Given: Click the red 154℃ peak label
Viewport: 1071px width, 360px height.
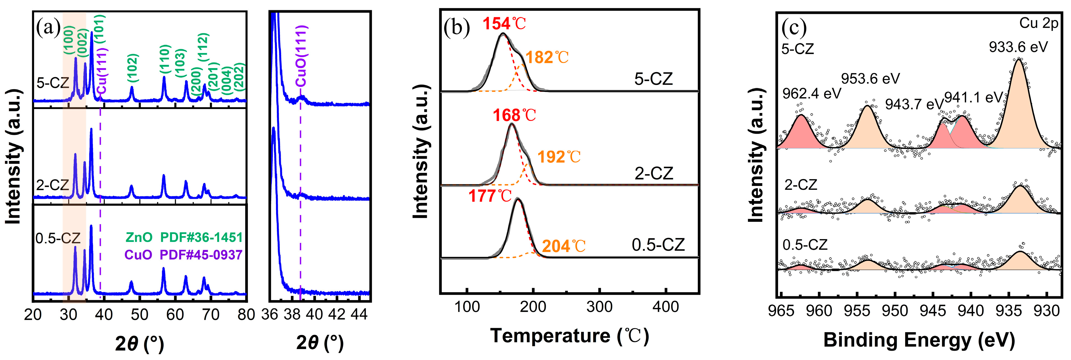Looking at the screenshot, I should point(504,24).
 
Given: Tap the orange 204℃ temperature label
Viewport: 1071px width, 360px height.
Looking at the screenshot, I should point(563,247).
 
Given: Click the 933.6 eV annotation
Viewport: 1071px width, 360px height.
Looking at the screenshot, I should point(1018,47).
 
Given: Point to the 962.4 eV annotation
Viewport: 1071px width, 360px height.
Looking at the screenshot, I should point(811,94).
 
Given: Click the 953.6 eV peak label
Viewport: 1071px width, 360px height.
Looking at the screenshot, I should point(870,79).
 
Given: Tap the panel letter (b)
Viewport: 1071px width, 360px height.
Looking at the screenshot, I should point(456,28).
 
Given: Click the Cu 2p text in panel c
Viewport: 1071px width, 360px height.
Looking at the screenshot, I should point(1038,23).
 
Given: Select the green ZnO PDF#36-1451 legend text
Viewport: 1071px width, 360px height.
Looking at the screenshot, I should point(184,237).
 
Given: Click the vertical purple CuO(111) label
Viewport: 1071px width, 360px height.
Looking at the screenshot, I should point(301,56).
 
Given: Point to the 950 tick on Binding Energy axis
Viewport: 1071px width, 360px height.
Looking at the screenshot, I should point(895,311).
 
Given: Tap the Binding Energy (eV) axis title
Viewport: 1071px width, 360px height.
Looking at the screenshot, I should point(919,340).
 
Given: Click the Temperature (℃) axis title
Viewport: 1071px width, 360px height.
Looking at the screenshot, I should point(569,336).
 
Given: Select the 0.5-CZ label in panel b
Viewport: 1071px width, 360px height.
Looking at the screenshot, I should point(658,245).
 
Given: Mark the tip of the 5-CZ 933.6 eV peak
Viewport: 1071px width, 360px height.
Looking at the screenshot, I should point(1019,59).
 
